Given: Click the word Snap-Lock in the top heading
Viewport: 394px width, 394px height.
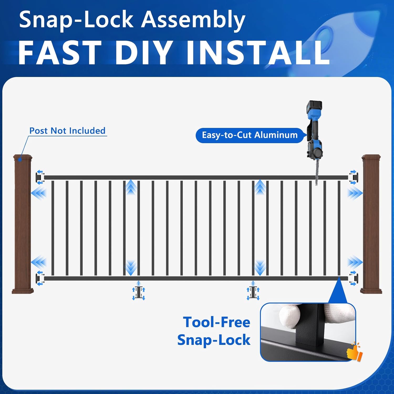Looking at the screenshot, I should tap(76, 20).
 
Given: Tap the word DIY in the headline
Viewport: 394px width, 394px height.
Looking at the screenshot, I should tap(143, 53).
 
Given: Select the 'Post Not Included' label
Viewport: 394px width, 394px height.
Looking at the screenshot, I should tap(67, 131).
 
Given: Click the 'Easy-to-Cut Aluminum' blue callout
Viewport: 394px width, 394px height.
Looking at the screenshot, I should tap(250, 135).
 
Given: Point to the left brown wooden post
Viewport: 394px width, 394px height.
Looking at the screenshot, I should tap(23, 223).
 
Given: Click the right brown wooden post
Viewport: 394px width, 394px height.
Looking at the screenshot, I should tap(371, 223).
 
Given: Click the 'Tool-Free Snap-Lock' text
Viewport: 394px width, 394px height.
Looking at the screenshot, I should tap(214, 331).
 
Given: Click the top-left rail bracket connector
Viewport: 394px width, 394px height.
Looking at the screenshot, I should tap(40, 177).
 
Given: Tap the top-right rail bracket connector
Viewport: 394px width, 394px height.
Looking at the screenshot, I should tap(353, 177).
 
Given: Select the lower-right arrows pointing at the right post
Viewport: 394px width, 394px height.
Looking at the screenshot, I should tap(355, 262).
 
